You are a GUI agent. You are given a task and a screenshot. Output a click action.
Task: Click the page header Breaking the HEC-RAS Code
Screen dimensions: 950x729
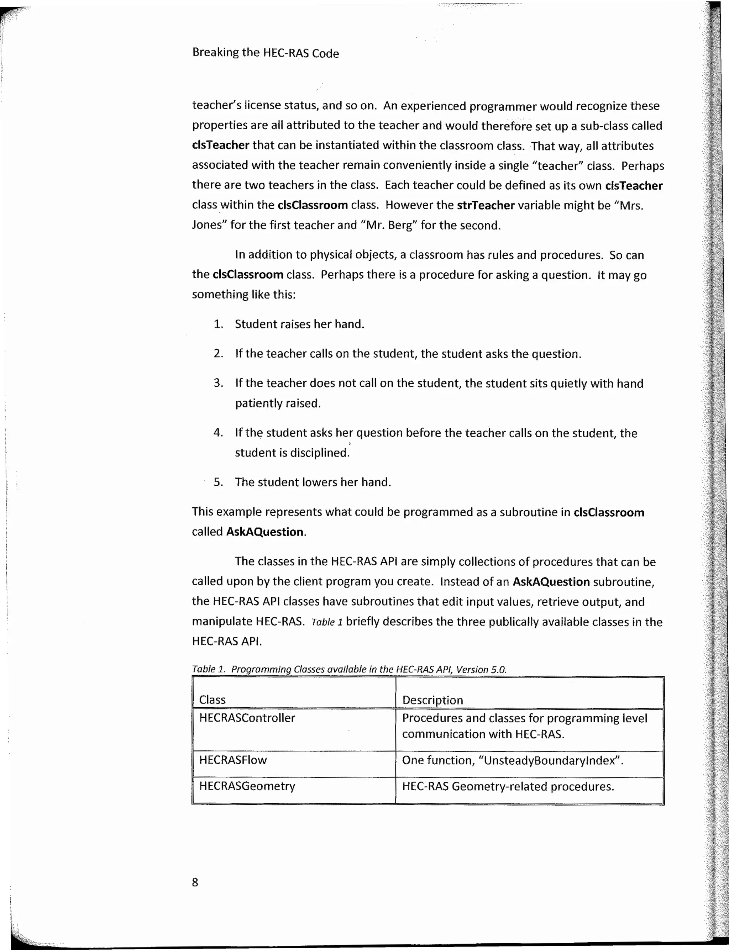point(265,53)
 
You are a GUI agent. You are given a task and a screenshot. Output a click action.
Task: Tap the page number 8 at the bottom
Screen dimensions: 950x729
point(195,882)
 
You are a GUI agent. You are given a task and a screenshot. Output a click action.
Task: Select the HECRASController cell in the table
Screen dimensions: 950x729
point(247,718)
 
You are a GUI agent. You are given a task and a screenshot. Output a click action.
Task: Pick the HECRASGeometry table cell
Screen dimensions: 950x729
point(247,786)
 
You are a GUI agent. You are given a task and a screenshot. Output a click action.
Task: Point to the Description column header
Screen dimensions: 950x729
point(432,700)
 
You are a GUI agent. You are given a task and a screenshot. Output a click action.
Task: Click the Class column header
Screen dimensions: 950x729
point(212,700)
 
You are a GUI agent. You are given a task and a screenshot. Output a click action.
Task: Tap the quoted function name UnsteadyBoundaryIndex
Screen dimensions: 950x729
point(550,760)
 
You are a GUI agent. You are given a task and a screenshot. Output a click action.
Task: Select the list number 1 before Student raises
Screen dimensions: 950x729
point(218,324)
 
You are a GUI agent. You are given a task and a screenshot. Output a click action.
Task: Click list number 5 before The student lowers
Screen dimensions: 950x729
point(218,482)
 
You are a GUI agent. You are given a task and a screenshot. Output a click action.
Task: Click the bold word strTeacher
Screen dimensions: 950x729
point(485,205)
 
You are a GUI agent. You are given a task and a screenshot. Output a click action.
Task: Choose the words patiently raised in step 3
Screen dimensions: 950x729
point(277,403)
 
